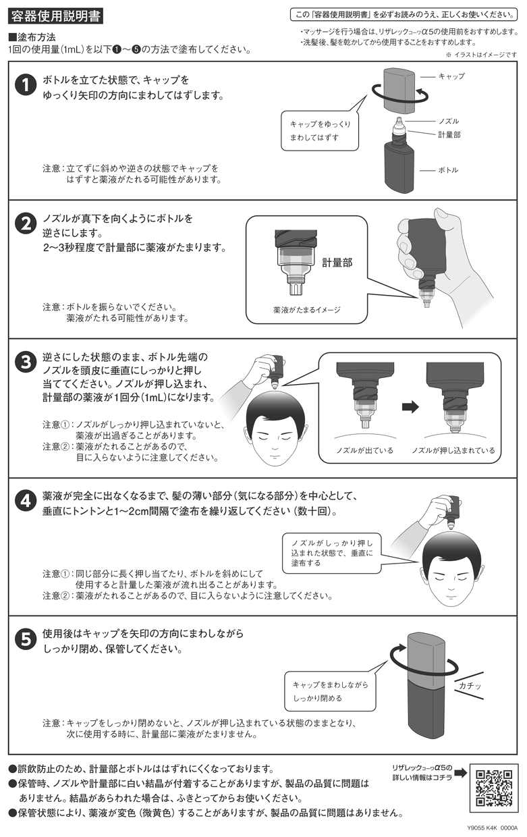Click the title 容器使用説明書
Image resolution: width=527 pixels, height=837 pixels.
pyautogui.click(x=55, y=17)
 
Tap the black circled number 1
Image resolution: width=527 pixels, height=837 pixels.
pyautogui.click(x=26, y=85)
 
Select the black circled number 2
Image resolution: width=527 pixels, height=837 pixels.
pyautogui.click(x=26, y=223)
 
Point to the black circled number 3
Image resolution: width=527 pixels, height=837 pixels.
pyautogui.click(x=26, y=362)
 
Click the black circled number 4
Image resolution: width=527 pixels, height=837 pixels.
pyautogui.click(x=26, y=501)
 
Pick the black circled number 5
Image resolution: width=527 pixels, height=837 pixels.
pyautogui.click(x=26, y=640)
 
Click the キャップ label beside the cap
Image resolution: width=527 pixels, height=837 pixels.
pyautogui.click(x=451, y=76)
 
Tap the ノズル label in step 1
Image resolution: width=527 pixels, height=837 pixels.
pyautogui.click(x=449, y=121)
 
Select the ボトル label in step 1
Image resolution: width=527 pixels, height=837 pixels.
pyautogui.click(x=448, y=170)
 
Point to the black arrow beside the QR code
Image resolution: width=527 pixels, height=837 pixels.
pyautogui.click(x=461, y=773)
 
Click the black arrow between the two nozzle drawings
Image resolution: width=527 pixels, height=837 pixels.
pyautogui.click(x=410, y=407)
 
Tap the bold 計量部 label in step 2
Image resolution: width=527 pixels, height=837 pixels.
pyautogui.click(x=337, y=263)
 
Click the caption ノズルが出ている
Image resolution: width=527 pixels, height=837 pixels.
pyautogui.click(x=364, y=450)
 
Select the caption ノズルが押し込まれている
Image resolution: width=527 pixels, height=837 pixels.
pyautogui.click(x=453, y=450)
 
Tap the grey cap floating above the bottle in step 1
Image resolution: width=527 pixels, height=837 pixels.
pyautogui.click(x=399, y=89)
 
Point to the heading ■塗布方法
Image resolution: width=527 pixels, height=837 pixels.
pyautogui.click(x=32, y=37)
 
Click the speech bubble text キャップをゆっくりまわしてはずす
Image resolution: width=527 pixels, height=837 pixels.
pyautogui.click(x=320, y=131)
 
